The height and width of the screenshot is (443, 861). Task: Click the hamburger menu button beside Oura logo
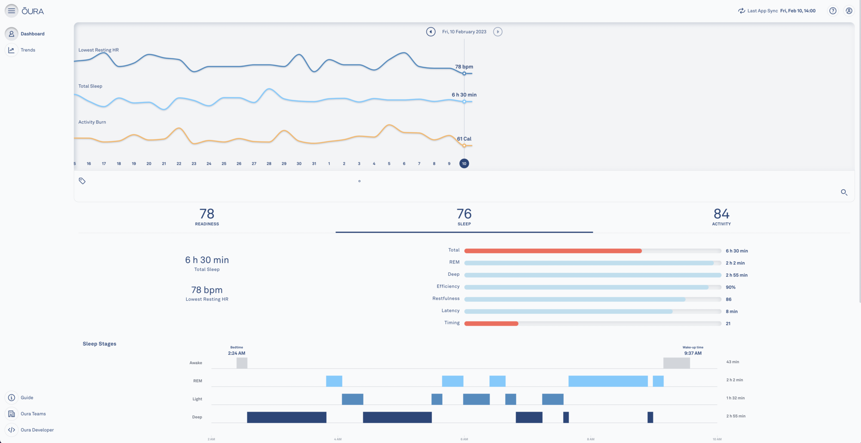(x=11, y=11)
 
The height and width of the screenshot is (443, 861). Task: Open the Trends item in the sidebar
(x=27, y=50)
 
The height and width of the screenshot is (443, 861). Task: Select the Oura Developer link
(x=37, y=430)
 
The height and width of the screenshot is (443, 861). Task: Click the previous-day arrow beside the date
(x=430, y=32)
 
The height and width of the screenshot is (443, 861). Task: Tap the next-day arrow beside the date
(x=498, y=32)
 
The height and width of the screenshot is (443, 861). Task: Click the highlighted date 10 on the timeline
(x=464, y=164)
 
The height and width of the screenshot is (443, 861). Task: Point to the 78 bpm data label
(x=464, y=67)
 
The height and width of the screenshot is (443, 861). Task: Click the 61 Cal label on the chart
(x=464, y=139)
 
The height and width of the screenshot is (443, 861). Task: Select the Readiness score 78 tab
(x=207, y=217)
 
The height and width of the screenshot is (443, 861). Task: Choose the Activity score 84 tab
(x=721, y=217)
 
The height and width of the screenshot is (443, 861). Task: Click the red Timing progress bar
(x=491, y=323)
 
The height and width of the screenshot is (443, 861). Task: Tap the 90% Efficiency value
(x=731, y=287)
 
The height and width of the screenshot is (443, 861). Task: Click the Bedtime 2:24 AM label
(x=236, y=353)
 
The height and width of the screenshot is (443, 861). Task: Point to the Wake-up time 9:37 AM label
(x=693, y=353)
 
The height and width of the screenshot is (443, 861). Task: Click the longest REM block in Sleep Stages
(x=608, y=381)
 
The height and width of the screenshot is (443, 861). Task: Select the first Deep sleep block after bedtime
(x=287, y=417)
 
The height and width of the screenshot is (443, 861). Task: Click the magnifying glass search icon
(x=844, y=192)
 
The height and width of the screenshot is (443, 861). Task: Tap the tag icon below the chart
(x=82, y=181)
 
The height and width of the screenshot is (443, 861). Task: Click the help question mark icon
(x=833, y=11)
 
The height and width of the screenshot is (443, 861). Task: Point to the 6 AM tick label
(x=464, y=439)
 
